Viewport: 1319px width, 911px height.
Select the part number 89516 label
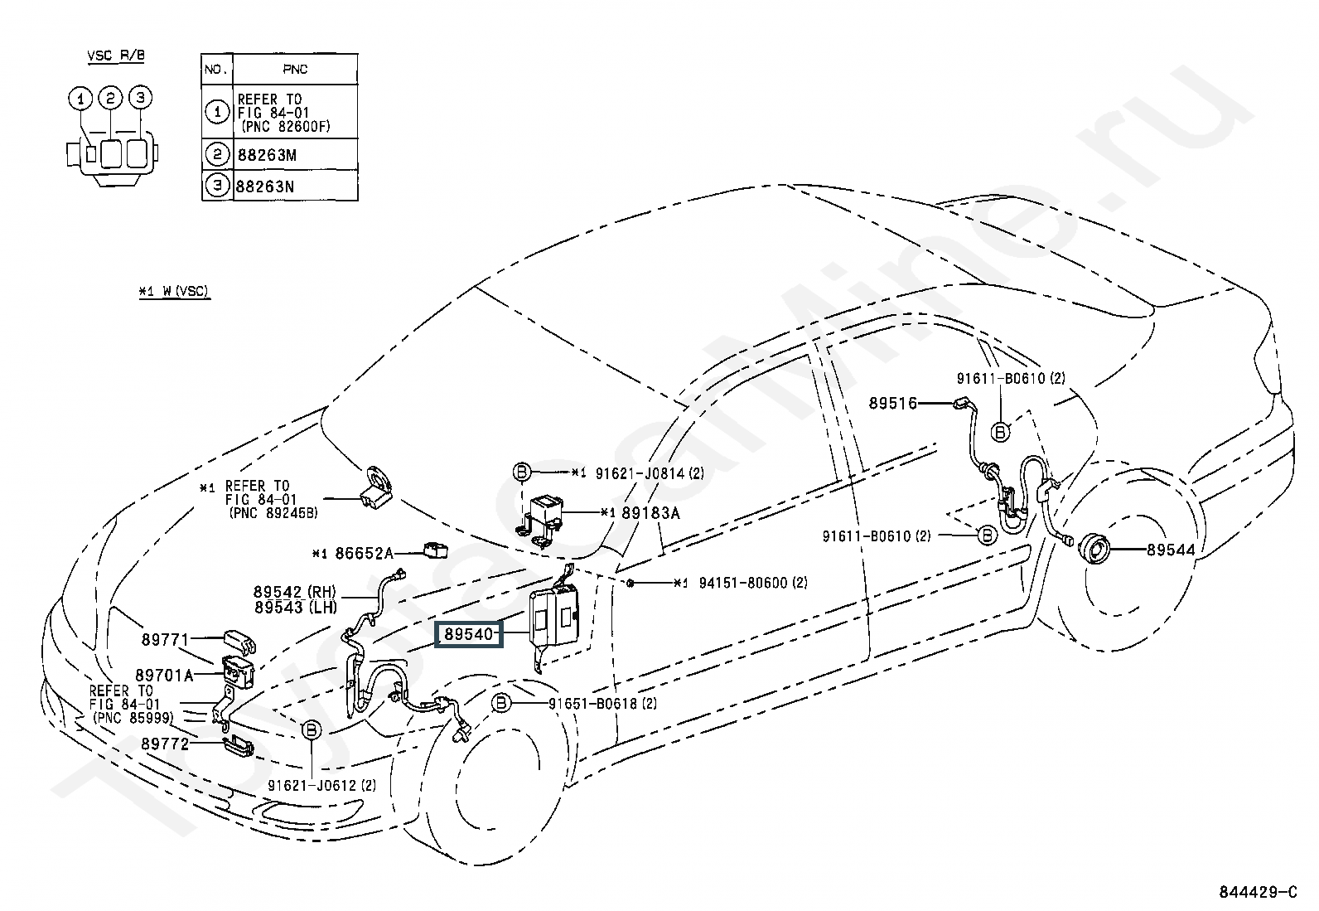tap(893, 404)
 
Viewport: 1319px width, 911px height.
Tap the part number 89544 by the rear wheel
tap(1171, 550)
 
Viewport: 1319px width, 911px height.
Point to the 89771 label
tap(165, 639)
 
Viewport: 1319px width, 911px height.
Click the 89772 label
tap(165, 744)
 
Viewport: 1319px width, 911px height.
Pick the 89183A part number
tap(650, 513)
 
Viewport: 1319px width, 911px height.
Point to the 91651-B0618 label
tap(592, 704)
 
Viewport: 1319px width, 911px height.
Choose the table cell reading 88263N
tap(266, 186)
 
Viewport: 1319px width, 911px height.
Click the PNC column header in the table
tap(295, 70)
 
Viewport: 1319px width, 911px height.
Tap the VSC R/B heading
tap(116, 56)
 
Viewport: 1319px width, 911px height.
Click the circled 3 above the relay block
tap(141, 98)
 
